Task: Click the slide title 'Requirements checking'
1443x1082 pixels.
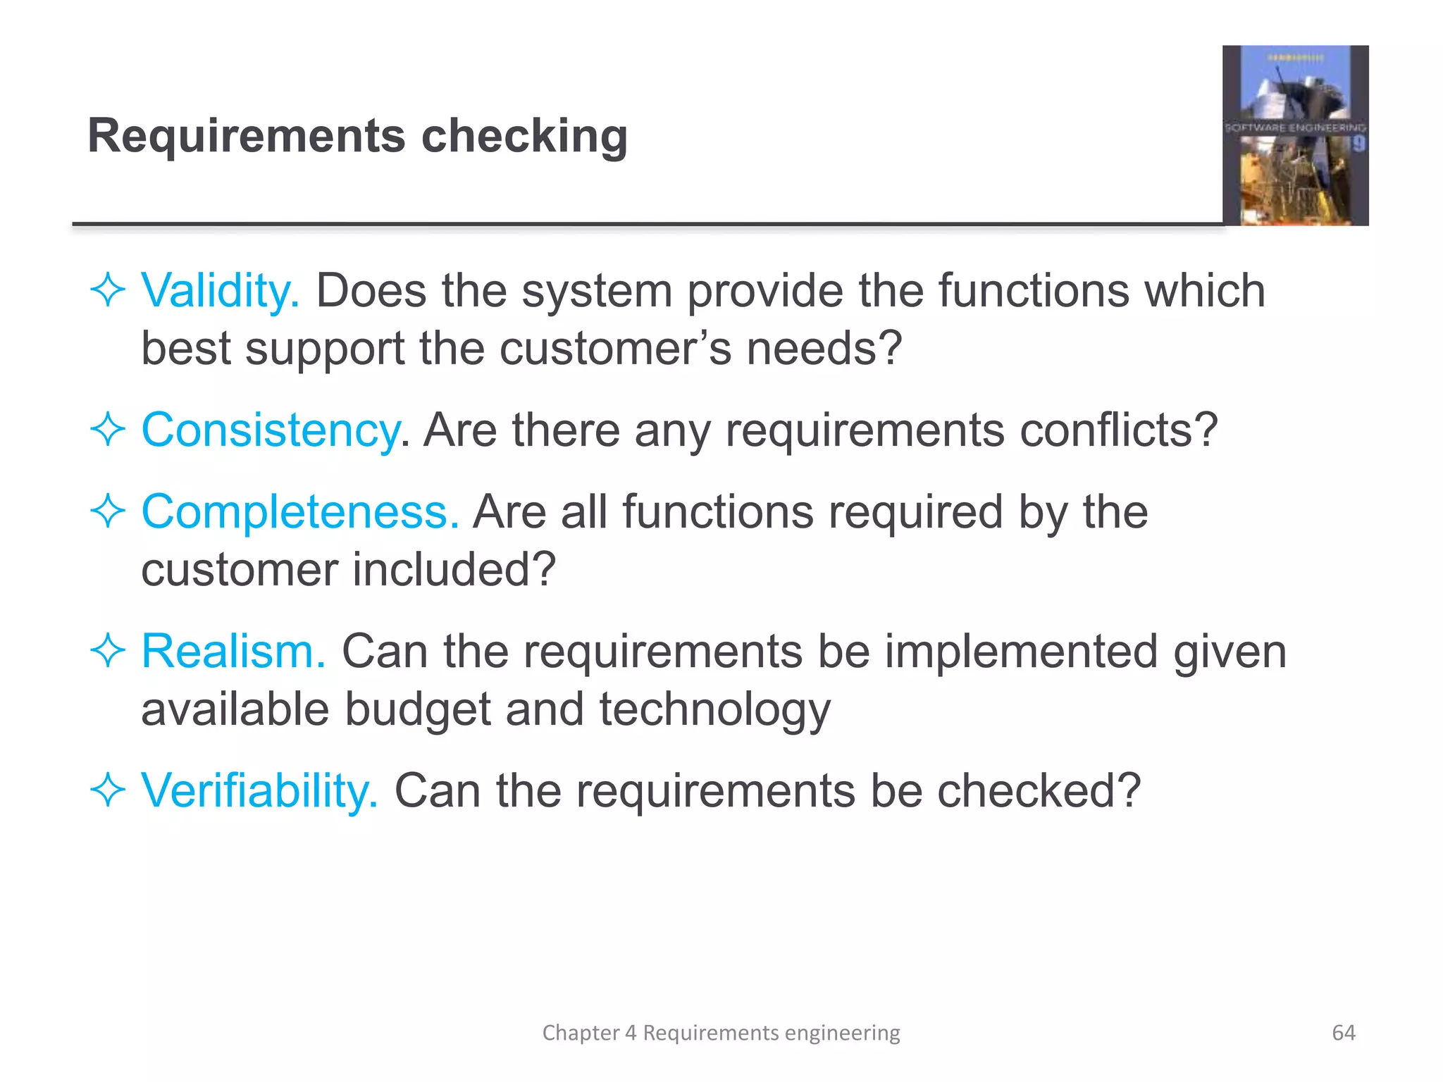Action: (x=357, y=135)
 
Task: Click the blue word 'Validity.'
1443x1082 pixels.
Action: (x=221, y=290)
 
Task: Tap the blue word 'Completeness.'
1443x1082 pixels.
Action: (x=300, y=511)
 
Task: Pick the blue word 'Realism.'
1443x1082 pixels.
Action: (x=233, y=651)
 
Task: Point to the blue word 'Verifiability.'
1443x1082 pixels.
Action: (x=259, y=790)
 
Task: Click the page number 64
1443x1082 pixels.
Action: (x=1343, y=1033)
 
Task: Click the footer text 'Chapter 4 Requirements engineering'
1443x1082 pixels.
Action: (x=721, y=1033)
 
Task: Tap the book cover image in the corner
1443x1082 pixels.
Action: (x=1295, y=135)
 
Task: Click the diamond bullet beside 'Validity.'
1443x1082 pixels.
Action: (x=108, y=290)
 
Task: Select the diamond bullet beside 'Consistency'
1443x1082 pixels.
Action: (x=108, y=430)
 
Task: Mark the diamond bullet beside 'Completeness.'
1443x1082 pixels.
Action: (x=108, y=511)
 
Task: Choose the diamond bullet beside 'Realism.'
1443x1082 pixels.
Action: (x=108, y=651)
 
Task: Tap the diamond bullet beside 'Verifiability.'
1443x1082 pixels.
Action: (x=108, y=790)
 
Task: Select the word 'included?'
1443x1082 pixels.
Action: (x=454, y=569)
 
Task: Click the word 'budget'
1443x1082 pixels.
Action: (x=417, y=709)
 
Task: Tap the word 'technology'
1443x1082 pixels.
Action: (x=714, y=709)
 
